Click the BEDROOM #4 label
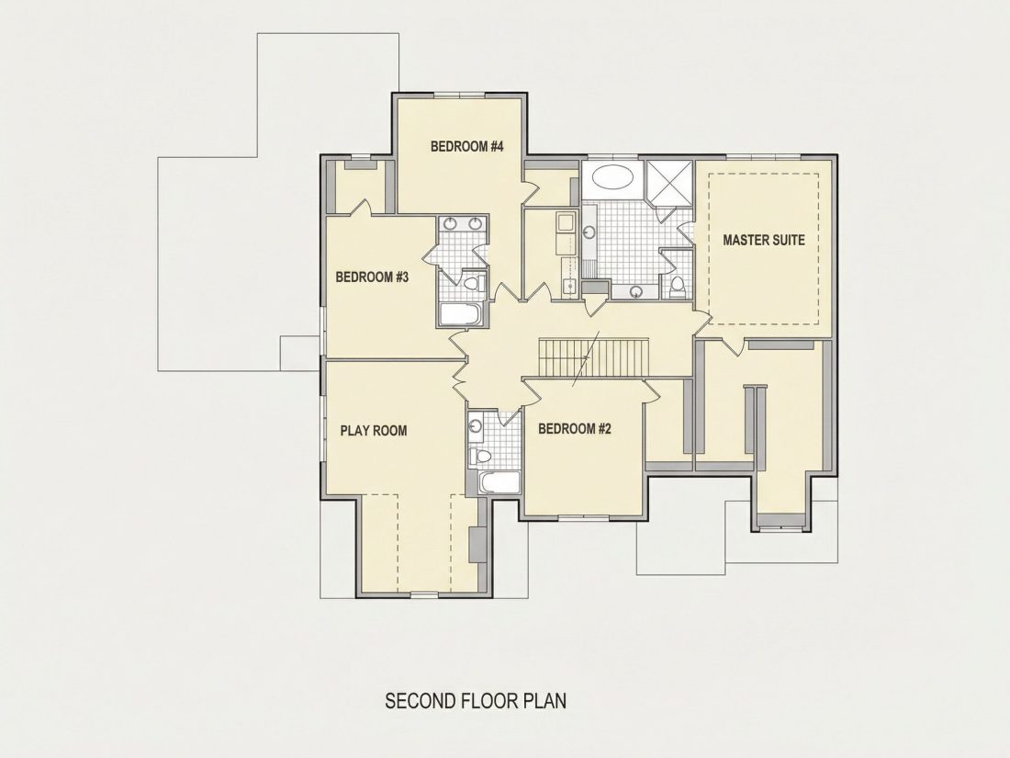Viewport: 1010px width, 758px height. click(466, 147)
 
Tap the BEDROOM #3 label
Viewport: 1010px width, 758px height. click(372, 277)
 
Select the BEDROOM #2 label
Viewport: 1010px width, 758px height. click(574, 429)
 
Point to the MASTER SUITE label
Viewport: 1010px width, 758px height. click(763, 241)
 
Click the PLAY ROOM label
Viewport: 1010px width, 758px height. click(374, 431)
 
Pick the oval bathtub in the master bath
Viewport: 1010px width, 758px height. click(612, 177)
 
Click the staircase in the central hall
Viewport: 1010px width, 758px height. click(593, 358)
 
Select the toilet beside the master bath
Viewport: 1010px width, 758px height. click(678, 287)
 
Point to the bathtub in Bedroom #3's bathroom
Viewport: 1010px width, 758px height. click(460, 314)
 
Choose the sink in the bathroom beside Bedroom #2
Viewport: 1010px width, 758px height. click(476, 426)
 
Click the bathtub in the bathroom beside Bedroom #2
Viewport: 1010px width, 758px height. click(499, 482)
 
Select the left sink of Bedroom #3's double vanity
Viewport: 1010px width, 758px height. click(450, 223)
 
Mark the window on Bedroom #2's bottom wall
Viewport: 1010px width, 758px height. click(584, 517)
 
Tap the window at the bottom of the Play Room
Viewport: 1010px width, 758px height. click(422, 593)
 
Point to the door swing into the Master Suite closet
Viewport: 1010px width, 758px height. click(733, 346)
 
